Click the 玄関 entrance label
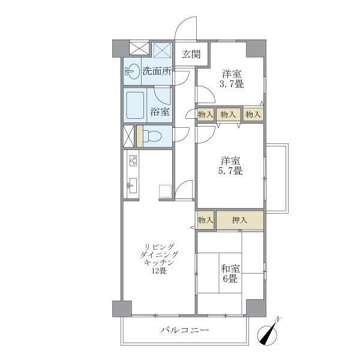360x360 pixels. click(191, 54)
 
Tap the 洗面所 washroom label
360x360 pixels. click(157, 71)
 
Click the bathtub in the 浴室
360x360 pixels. click(136, 104)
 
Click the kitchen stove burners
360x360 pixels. click(133, 161)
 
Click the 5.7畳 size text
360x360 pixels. click(231, 171)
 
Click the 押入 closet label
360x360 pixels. click(239, 220)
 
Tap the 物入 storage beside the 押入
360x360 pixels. click(205, 220)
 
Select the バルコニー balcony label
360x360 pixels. click(184, 331)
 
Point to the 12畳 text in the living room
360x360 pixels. click(159, 271)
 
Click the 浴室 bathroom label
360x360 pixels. click(160, 112)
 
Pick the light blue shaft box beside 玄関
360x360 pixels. click(162, 49)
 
